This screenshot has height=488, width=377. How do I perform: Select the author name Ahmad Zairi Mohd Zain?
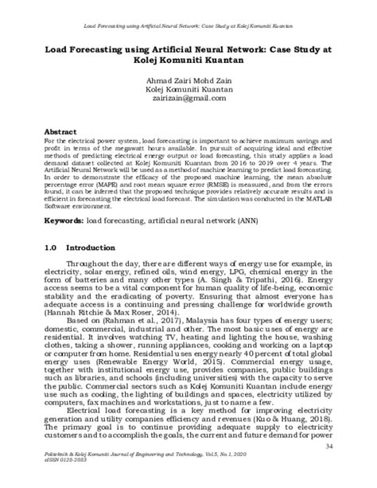pos(188,81)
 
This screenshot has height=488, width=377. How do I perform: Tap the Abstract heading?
pos(60,130)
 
